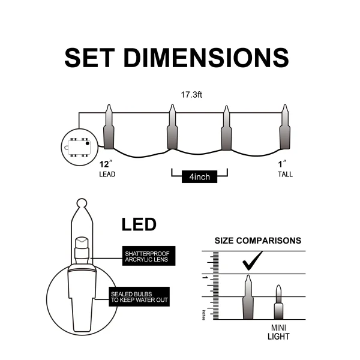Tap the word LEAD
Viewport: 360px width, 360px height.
(107, 175)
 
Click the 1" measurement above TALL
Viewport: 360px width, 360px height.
(281, 164)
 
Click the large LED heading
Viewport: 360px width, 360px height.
(139, 225)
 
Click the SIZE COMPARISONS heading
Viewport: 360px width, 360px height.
(258, 241)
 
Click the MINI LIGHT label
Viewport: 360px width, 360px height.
(278, 332)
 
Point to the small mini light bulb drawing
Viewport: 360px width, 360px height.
(278, 303)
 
